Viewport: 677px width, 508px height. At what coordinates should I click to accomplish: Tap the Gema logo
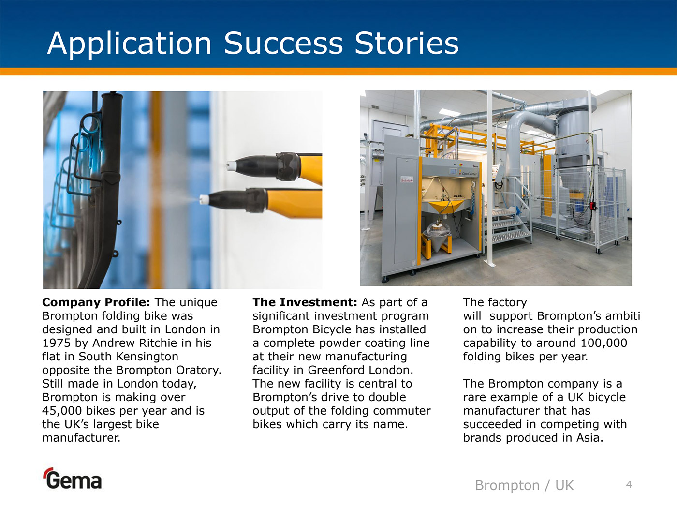point(72,478)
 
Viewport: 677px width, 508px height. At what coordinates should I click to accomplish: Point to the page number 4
point(629,485)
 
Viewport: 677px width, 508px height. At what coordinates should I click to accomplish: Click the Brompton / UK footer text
point(524,485)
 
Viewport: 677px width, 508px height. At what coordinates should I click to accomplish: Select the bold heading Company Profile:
point(96,302)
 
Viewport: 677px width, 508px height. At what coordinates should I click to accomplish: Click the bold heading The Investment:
point(305,302)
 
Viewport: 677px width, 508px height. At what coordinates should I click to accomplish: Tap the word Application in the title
point(129,44)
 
